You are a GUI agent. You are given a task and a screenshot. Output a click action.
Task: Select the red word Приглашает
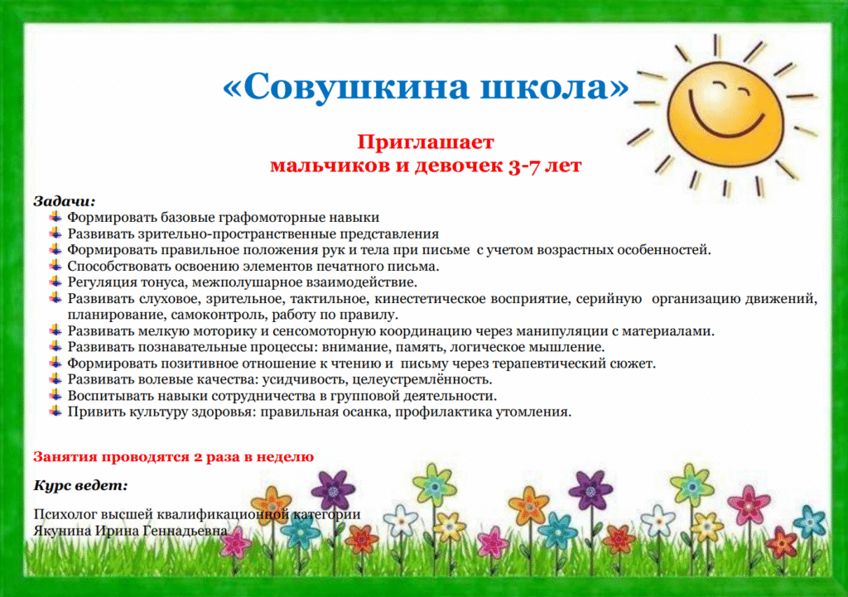[425, 142]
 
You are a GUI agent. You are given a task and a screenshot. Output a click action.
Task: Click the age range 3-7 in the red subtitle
[523, 165]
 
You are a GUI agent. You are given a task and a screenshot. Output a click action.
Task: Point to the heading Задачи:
[65, 201]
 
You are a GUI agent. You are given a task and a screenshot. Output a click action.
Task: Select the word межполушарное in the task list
[247, 282]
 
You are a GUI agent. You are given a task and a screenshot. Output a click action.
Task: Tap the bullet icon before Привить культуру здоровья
[55, 411]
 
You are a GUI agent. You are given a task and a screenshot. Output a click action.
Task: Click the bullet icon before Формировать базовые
[55, 217]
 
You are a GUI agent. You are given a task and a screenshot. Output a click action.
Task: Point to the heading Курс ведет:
[80, 485]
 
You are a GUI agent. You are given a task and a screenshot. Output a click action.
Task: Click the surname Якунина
[62, 531]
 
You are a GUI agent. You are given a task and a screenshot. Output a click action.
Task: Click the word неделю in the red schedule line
[285, 457]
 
